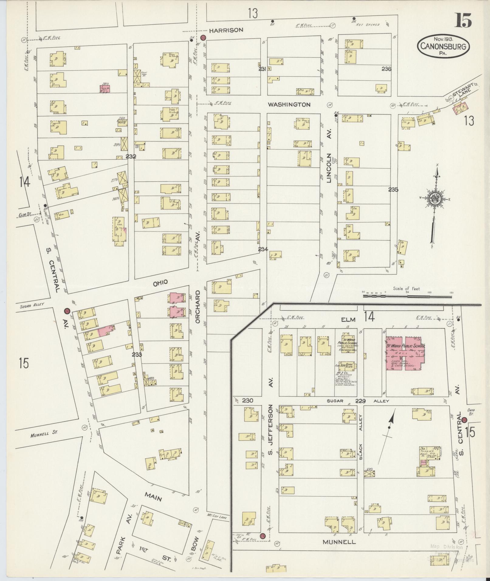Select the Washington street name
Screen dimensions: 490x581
click(289, 104)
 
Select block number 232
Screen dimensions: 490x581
click(131, 157)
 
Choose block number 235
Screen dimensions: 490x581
click(393, 190)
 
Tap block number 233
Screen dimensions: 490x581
click(137, 354)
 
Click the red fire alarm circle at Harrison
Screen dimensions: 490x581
click(204, 38)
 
